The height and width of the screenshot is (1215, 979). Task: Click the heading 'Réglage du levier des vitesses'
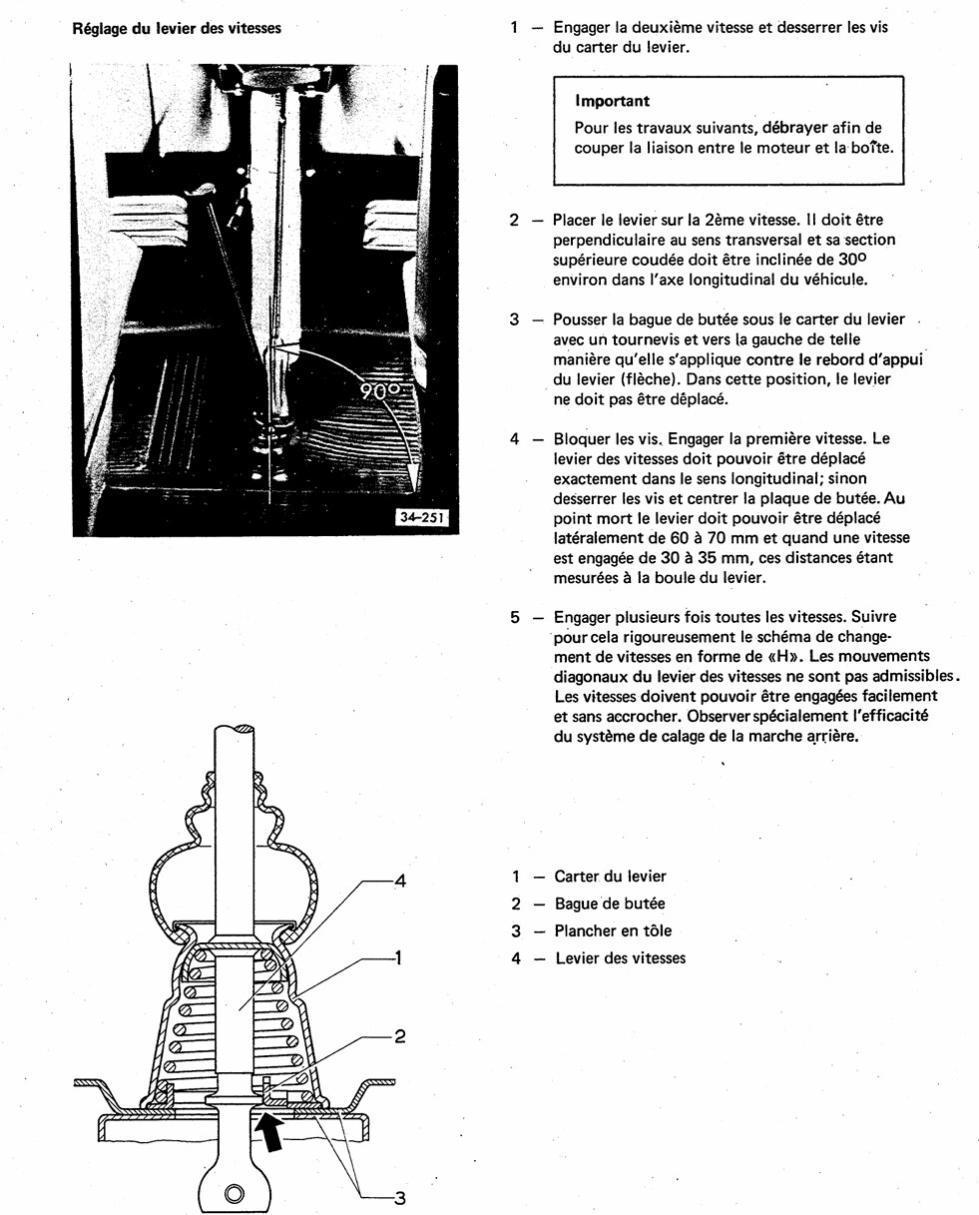pyautogui.click(x=177, y=28)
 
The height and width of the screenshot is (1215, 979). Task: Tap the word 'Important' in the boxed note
pyautogui.click(x=612, y=101)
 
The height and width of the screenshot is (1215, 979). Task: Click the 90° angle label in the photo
pyautogui.click(x=379, y=390)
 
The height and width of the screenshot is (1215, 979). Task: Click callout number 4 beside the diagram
pyautogui.click(x=399, y=881)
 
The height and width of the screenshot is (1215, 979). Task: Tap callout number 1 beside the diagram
pyautogui.click(x=398, y=958)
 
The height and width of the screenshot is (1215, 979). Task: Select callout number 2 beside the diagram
pyautogui.click(x=399, y=1036)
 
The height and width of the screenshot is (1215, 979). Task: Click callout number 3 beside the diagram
pyautogui.click(x=399, y=1198)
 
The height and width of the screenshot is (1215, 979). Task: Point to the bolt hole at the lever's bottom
pyautogui.click(x=235, y=1193)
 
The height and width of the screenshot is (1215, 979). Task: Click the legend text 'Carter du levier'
pyautogui.click(x=610, y=877)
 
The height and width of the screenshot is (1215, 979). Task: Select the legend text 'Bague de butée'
pyautogui.click(x=609, y=904)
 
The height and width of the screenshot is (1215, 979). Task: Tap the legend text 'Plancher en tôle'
pyautogui.click(x=613, y=930)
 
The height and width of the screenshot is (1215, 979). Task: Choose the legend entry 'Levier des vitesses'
pyautogui.click(x=620, y=958)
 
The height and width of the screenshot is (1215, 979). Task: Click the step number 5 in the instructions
pyautogui.click(x=515, y=618)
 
